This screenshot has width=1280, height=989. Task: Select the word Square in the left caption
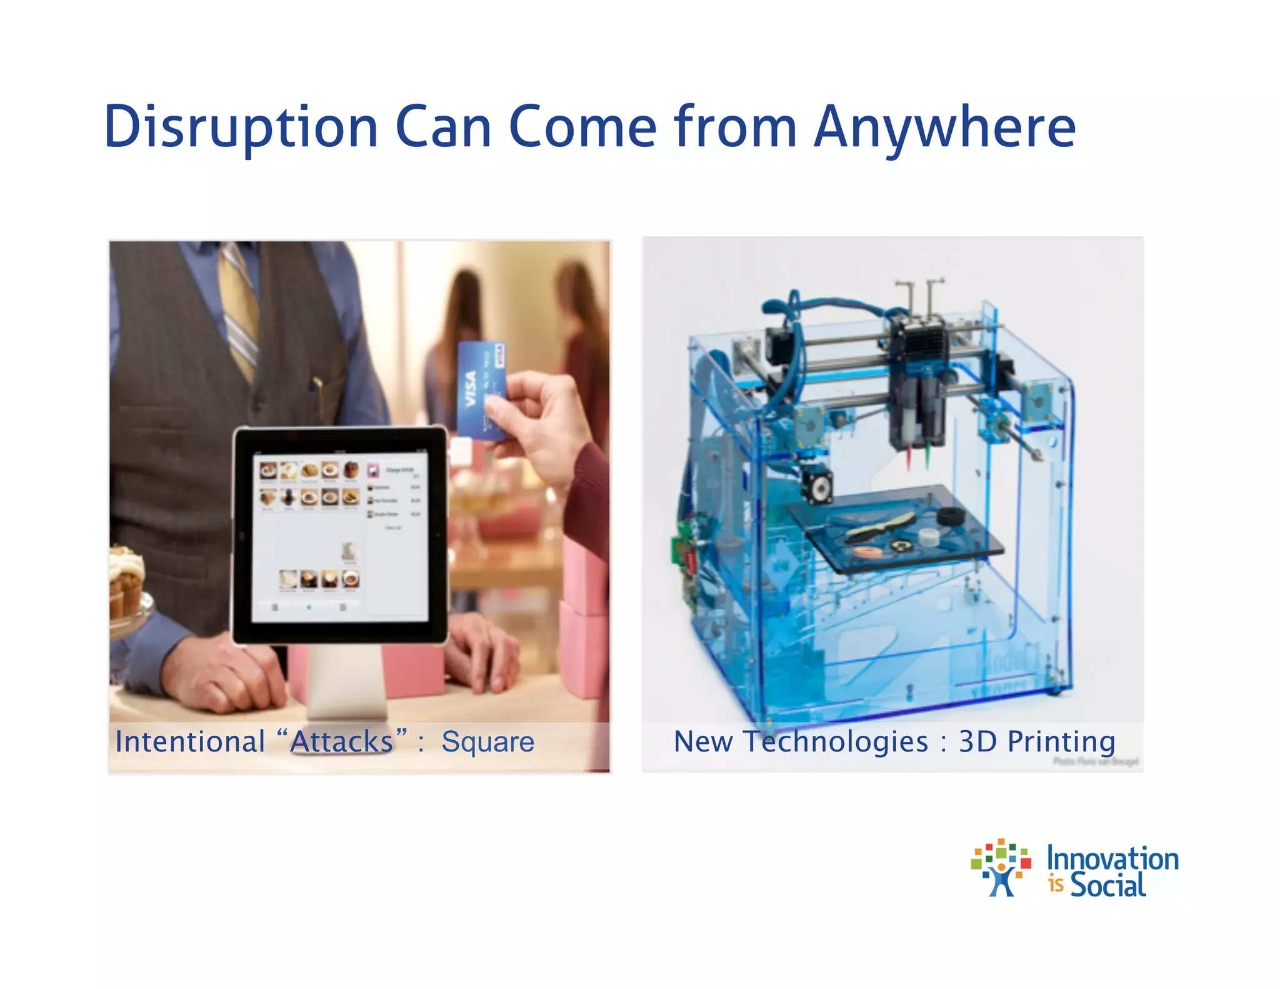tap(487, 742)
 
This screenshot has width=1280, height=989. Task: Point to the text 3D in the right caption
tap(977, 741)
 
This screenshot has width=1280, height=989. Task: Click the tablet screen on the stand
tap(339, 538)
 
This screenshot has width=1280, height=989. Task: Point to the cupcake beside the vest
tap(127, 581)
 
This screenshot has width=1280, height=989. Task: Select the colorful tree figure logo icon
tap(1001, 868)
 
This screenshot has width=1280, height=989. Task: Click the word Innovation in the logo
tap(1112, 858)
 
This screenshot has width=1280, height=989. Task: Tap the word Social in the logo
tap(1108, 885)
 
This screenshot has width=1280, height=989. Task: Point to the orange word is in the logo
tap(1056, 885)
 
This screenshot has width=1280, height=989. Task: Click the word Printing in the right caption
tap(1061, 742)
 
